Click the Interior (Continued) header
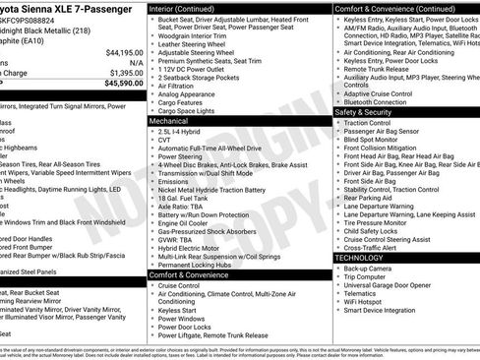(189, 8)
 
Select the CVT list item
(165, 139)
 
